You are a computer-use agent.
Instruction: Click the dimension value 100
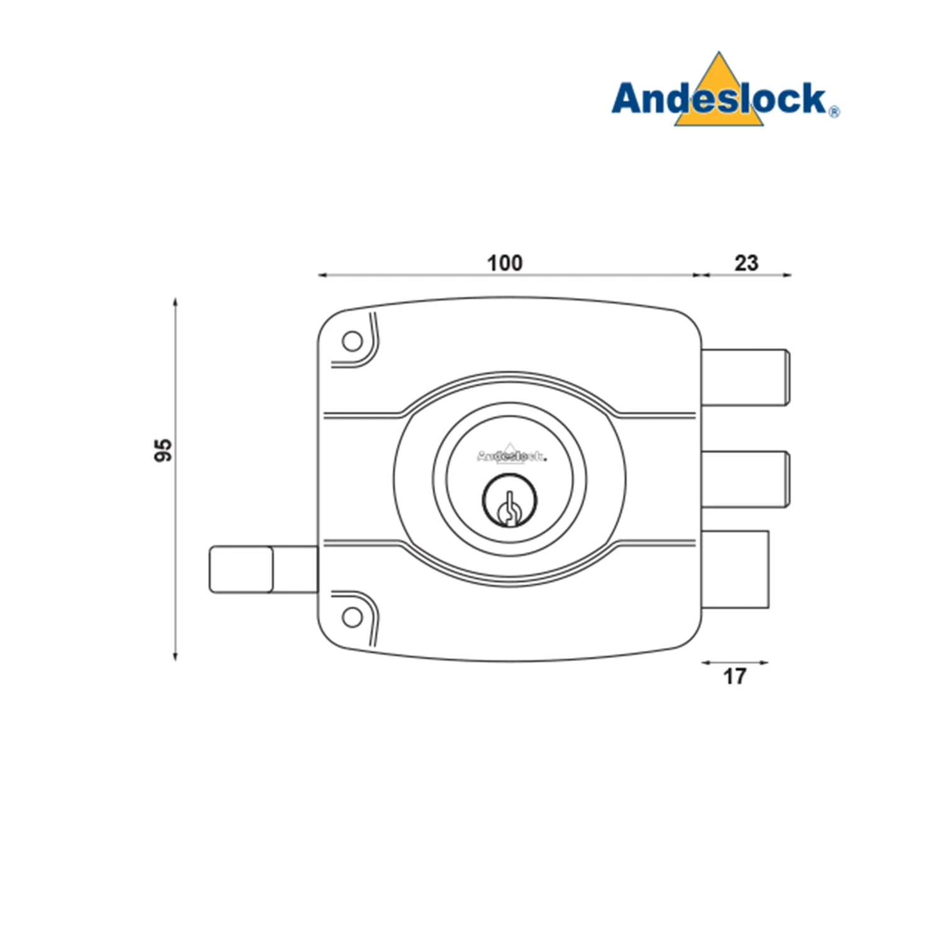point(505,263)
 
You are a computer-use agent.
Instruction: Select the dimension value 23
point(746,263)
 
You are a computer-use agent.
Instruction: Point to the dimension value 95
point(163,450)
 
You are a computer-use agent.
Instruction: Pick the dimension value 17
point(734,676)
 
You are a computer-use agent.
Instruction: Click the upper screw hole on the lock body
point(353,341)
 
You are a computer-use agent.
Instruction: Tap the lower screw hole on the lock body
point(353,617)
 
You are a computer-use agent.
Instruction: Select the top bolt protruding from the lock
point(746,377)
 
